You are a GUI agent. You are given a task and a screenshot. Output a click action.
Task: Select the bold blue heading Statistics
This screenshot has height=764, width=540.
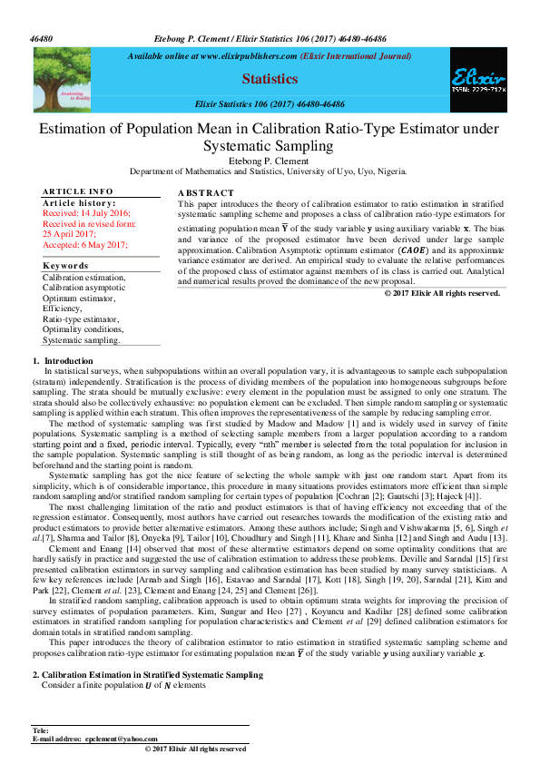click(x=270, y=79)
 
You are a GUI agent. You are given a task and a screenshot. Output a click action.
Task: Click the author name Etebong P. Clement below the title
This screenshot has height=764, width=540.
click(x=270, y=159)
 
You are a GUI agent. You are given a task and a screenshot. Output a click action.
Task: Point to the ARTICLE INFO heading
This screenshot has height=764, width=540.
click(x=78, y=191)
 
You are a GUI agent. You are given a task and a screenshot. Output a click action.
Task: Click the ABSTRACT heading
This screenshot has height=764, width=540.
click(x=205, y=193)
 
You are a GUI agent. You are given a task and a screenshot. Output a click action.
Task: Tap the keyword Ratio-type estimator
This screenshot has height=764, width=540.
click(x=81, y=319)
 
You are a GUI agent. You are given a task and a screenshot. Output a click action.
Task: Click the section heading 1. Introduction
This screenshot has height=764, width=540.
click(x=69, y=362)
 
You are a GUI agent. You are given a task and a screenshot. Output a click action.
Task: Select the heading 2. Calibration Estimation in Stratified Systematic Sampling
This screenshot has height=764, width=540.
click(x=148, y=675)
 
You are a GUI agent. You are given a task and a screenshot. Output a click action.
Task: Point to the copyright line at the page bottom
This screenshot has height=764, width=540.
click(x=195, y=749)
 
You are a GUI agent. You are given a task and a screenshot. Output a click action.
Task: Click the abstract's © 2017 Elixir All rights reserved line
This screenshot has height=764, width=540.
click(x=442, y=293)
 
